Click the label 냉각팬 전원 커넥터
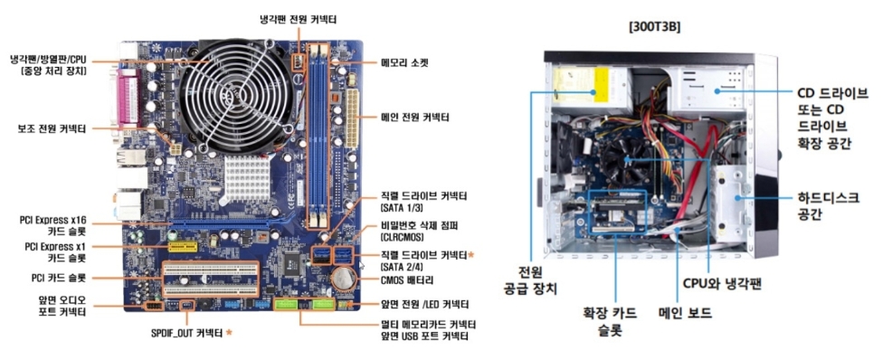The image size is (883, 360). pyautogui.click(x=299, y=20)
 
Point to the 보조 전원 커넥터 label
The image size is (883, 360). pyautogui.click(x=52, y=129)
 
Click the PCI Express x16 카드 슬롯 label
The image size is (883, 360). pyautogui.click(x=53, y=225)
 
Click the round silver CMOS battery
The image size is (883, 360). pyautogui.click(x=343, y=277)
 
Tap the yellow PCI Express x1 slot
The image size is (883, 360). pyautogui.click(x=183, y=246)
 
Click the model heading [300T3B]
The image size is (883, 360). pyautogui.click(x=654, y=27)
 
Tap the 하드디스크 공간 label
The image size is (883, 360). pyautogui.click(x=827, y=205)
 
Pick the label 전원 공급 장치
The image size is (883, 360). pyautogui.click(x=529, y=280)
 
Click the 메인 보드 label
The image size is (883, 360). pyautogui.click(x=685, y=313)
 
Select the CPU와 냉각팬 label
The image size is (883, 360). pyautogui.click(x=722, y=283)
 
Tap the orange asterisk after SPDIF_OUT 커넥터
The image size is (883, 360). pyautogui.click(x=229, y=332)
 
